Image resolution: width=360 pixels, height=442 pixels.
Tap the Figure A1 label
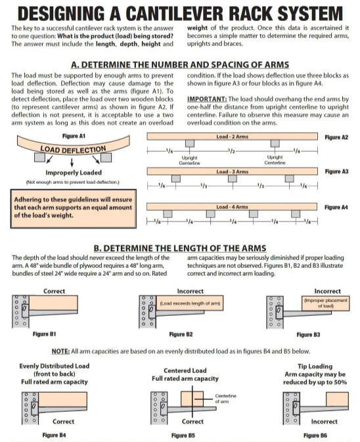pyautogui.click(x=74, y=136)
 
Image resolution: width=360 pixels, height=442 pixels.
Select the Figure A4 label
pyautogui.click(x=336, y=208)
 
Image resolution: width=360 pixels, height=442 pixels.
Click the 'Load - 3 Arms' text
pyautogui.click(x=233, y=171)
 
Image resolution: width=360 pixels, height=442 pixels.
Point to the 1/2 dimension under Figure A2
pyautogui.click(x=231, y=151)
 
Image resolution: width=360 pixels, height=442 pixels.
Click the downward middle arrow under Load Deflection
pyautogui.click(x=72, y=162)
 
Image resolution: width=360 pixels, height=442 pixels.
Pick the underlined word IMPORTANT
pyautogui.click(x=207, y=99)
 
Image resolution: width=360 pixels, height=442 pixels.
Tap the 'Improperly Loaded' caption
pyautogui.click(x=74, y=173)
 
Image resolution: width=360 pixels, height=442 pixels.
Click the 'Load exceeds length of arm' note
pyautogui.click(x=190, y=303)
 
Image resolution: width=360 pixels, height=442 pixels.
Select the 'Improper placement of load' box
pyautogui.click(x=326, y=303)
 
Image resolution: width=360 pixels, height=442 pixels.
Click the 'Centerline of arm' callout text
pyautogui.click(x=225, y=399)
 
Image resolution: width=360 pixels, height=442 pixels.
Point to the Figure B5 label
pyautogui.click(x=183, y=435)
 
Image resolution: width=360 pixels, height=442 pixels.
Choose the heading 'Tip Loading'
pyautogui.click(x=315, y=366)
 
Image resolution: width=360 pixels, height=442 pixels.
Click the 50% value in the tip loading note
pyautogui.click(x=340, y=382)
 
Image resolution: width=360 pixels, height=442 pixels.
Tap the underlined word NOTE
pyautogui.click(x=60, y=351)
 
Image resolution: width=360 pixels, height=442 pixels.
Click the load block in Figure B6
pyautogui.click(x=337, y=399)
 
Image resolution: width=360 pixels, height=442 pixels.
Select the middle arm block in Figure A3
pyautogui.click(x=233, y=179)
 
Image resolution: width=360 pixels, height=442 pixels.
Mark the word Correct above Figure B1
pyautogui.click(x=54, y=291)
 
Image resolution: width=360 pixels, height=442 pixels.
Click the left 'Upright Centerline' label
pyautogui.click(x=189, y=160)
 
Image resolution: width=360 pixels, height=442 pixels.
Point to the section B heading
pyautogui.click(x=180, y=248)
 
